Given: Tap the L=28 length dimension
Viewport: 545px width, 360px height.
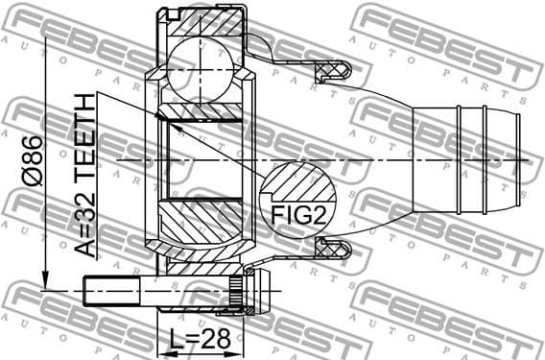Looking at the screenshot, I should point(196,340).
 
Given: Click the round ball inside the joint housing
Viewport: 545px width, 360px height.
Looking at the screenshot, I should point(200,72).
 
